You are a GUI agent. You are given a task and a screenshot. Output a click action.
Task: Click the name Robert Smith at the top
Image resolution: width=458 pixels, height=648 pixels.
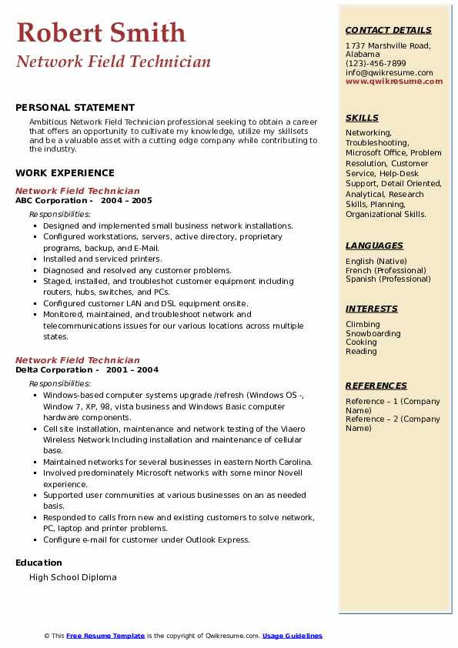(x=101, y=33)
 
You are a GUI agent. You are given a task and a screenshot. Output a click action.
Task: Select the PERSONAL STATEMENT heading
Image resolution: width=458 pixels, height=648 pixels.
(x=75, y=108)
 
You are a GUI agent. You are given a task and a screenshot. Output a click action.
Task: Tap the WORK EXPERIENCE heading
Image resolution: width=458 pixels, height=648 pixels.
(x=65, y=173)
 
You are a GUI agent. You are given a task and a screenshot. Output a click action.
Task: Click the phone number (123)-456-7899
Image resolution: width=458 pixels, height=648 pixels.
(x=376, y=64)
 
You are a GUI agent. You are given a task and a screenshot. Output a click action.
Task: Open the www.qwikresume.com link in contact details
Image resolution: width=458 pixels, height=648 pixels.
(x=389, y=82)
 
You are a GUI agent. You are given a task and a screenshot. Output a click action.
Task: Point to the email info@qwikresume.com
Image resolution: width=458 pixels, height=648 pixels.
(x=389, y=73)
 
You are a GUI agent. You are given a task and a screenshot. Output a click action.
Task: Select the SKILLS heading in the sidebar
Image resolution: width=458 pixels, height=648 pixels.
(x=362, y=119)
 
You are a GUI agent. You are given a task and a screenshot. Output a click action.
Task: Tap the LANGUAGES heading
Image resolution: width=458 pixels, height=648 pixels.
(x=374, y=246)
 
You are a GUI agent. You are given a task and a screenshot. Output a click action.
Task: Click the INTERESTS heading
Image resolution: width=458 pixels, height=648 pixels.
(x=371, y=309)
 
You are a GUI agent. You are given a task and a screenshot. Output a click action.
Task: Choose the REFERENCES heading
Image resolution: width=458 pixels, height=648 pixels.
(x=376, y=386)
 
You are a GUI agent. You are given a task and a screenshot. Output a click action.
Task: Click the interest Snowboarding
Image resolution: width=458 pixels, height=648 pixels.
(x=373, y=334)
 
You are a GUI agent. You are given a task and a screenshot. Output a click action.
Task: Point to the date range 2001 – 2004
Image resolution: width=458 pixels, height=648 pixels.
(x=132, y=370)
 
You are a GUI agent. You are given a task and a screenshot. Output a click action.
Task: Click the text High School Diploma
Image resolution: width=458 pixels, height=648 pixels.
(x=72, y=577)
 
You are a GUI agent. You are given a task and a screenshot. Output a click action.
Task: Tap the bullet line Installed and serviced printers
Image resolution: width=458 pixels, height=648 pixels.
(x=102, y=259)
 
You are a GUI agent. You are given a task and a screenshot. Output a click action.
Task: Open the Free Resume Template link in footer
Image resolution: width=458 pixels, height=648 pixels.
(x=105, y=636)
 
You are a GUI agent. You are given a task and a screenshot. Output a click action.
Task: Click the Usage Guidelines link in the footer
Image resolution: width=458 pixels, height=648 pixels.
(x=292, y=636)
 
